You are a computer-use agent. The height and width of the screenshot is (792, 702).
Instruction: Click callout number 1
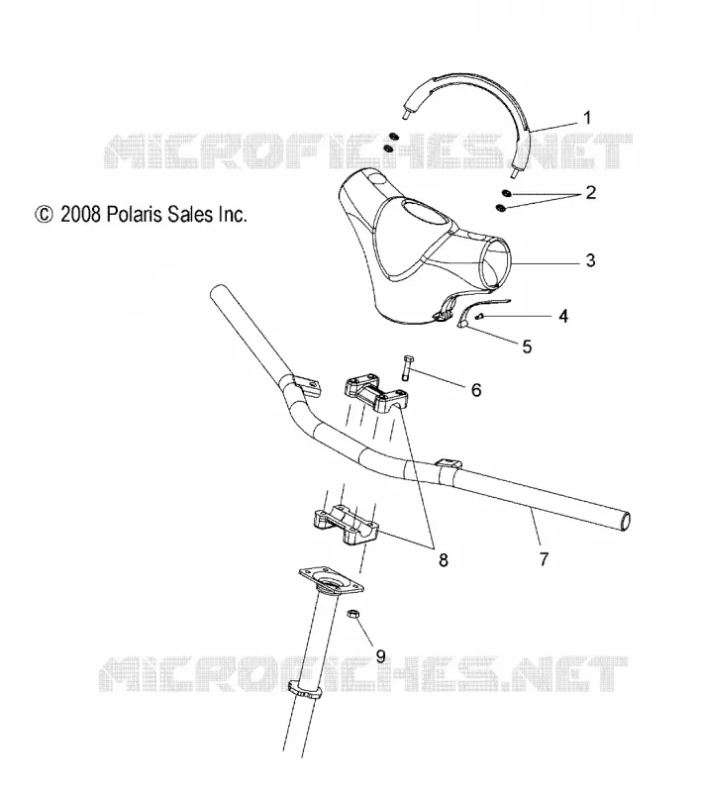(587, 118)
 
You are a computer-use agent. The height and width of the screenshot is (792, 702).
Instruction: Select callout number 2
(590, 192)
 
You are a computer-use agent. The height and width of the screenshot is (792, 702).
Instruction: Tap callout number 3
(590, 260)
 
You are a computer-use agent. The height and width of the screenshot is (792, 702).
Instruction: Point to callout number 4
(563, 316)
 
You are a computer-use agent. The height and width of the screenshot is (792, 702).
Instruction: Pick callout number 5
(527, 346)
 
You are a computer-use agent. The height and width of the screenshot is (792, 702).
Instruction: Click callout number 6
(476, 390)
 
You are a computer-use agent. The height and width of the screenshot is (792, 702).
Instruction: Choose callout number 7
(544, 559)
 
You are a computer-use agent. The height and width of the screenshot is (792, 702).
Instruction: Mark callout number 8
(443, 559)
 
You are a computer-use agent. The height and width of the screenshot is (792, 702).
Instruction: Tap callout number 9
(380, 655)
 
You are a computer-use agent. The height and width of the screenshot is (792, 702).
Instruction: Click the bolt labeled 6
(407, 368)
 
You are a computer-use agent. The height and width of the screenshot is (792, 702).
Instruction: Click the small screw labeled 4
(480, 316)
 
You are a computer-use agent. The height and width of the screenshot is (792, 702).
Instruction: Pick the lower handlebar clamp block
(347, 526)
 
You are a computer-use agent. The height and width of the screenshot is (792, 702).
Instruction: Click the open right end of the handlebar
(625, 522)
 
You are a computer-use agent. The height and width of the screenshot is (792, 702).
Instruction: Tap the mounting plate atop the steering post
(332, 582)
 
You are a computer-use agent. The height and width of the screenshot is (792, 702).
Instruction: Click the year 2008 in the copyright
(81, 215)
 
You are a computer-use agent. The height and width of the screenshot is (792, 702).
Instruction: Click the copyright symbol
(44, 215)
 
